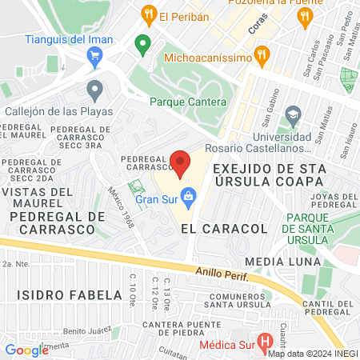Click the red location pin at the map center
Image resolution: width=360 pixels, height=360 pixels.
[x=181, y=163]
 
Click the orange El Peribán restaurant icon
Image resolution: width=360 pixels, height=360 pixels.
[x=147, y=14]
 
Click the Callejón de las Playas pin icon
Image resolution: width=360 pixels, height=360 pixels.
[x=94, y=90]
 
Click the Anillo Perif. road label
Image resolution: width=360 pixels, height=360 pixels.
[x=225, y=275]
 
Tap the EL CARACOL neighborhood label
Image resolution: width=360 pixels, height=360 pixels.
[x=213, y=229]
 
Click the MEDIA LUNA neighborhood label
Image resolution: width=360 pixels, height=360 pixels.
[x=282, y=262]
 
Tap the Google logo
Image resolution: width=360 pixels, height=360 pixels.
[x=26, y=350]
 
